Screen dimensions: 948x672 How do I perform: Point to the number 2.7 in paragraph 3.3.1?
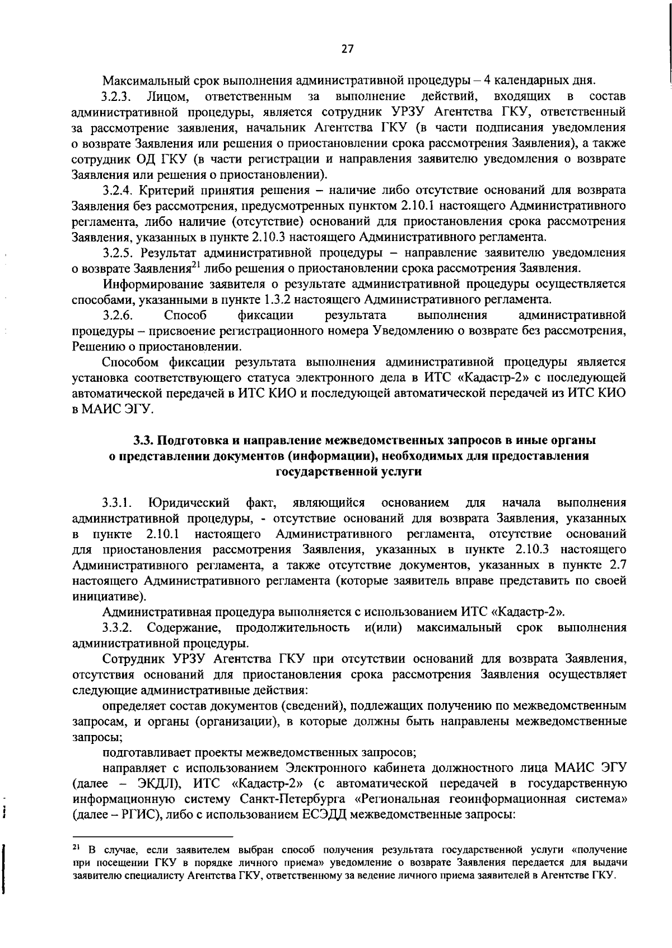[x=617, y=565]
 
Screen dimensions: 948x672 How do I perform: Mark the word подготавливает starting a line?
[x=143, y=752]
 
